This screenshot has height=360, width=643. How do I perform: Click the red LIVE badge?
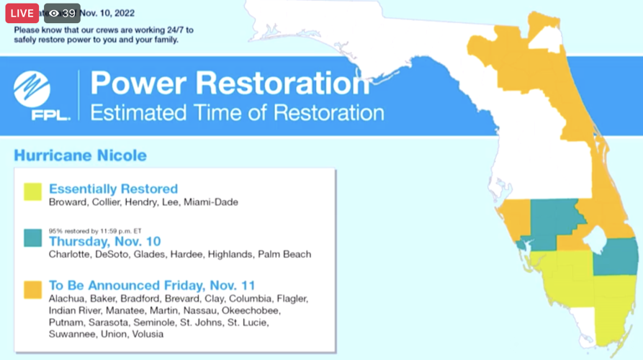tap(22, 13)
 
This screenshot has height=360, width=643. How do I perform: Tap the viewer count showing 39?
tap(62, 13)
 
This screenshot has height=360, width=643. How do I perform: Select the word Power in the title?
tap(137, 83)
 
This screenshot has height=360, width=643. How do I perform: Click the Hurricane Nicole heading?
tap(80, 156)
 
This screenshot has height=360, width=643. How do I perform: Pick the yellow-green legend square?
tap(32, 192)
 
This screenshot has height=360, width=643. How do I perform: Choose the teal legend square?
tap(32, 238)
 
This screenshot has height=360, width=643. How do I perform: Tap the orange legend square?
tap(32, 289)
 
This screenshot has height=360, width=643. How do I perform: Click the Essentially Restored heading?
tap(113, 189)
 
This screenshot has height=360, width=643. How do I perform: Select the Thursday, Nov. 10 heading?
tap(104, 241)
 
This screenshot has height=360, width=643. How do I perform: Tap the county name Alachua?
tap(66, 298)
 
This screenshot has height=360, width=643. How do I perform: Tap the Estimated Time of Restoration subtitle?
tap(236, 112)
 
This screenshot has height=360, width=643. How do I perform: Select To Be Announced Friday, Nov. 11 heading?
tap(152, 285)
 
